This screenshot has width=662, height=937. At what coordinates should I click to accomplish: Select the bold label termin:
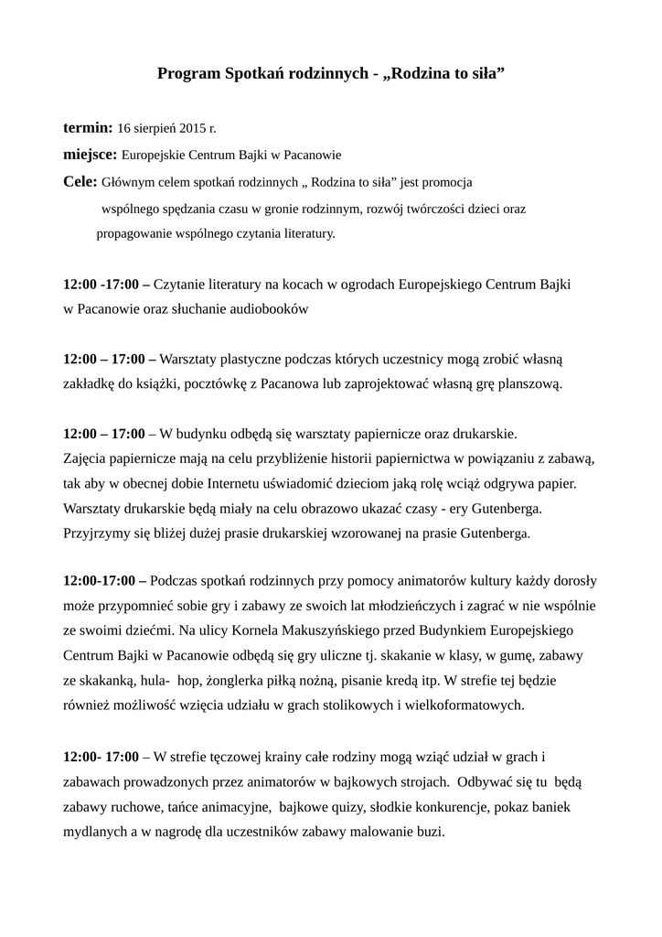tap(88, 126)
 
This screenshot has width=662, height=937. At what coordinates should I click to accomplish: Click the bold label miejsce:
tap(90, 154)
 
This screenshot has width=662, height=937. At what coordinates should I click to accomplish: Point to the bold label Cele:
tap(80, 181)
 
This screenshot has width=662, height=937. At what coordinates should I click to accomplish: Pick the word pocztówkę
tap(216, 383)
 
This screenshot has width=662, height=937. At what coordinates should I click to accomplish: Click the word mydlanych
tap(96, 832)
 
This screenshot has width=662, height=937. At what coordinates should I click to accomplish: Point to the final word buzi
tap(428, 832)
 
